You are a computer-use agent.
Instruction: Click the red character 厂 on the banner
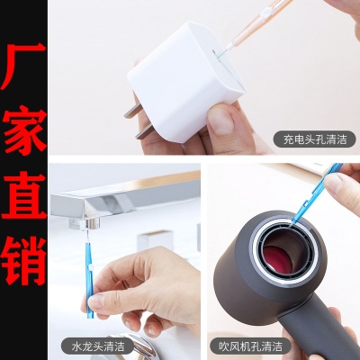(x=23, y=67)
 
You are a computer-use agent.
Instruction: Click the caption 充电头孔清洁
(x=315, y=139)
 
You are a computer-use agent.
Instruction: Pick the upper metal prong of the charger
(x=132, y=112)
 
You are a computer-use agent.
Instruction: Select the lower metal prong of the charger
(x=145, y=132)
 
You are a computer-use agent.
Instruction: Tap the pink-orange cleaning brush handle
(x=258, y=23)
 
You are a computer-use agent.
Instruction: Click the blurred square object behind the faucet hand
(x=155, y=241)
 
